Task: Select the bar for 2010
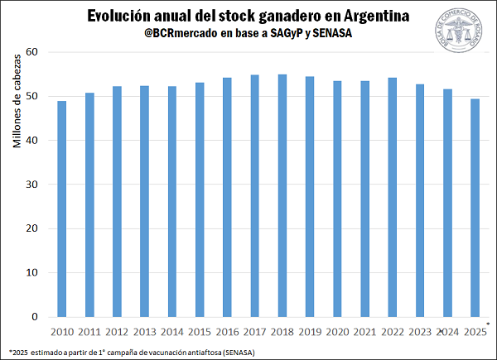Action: pos(61,209)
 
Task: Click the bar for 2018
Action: pos(282,195)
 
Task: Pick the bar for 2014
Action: pos(171,201)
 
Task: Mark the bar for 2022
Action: pos(392,197)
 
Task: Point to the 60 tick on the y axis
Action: pos(33,52)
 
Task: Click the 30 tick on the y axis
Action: pos(33,185)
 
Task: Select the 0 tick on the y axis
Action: pos(36,317)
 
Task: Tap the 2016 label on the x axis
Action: pos(227,333)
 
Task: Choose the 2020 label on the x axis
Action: pos(337,333)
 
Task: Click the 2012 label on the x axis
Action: pos(117,333)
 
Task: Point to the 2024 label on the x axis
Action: pos(447,333)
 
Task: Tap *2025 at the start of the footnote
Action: pos(18,352)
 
